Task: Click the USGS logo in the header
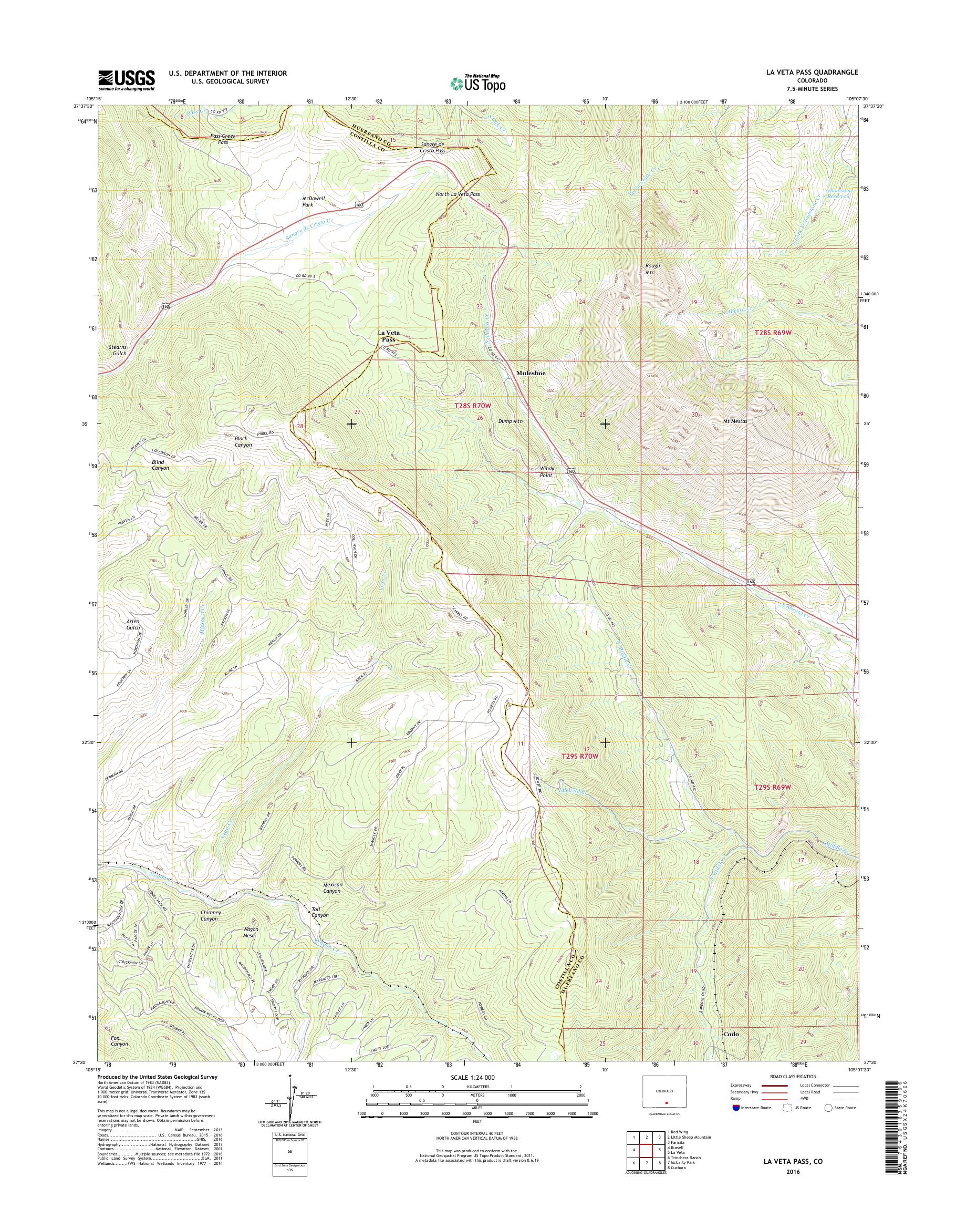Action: [x=127, y=80]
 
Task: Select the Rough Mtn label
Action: [x=652, y=269]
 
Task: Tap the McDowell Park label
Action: [x=316, y=202]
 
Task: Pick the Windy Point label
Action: [x=546, y=471]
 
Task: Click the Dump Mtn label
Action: [x=510, y=420]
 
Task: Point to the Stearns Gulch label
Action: [x=119, y=350]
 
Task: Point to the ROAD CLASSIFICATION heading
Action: [x=793, y=1076]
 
